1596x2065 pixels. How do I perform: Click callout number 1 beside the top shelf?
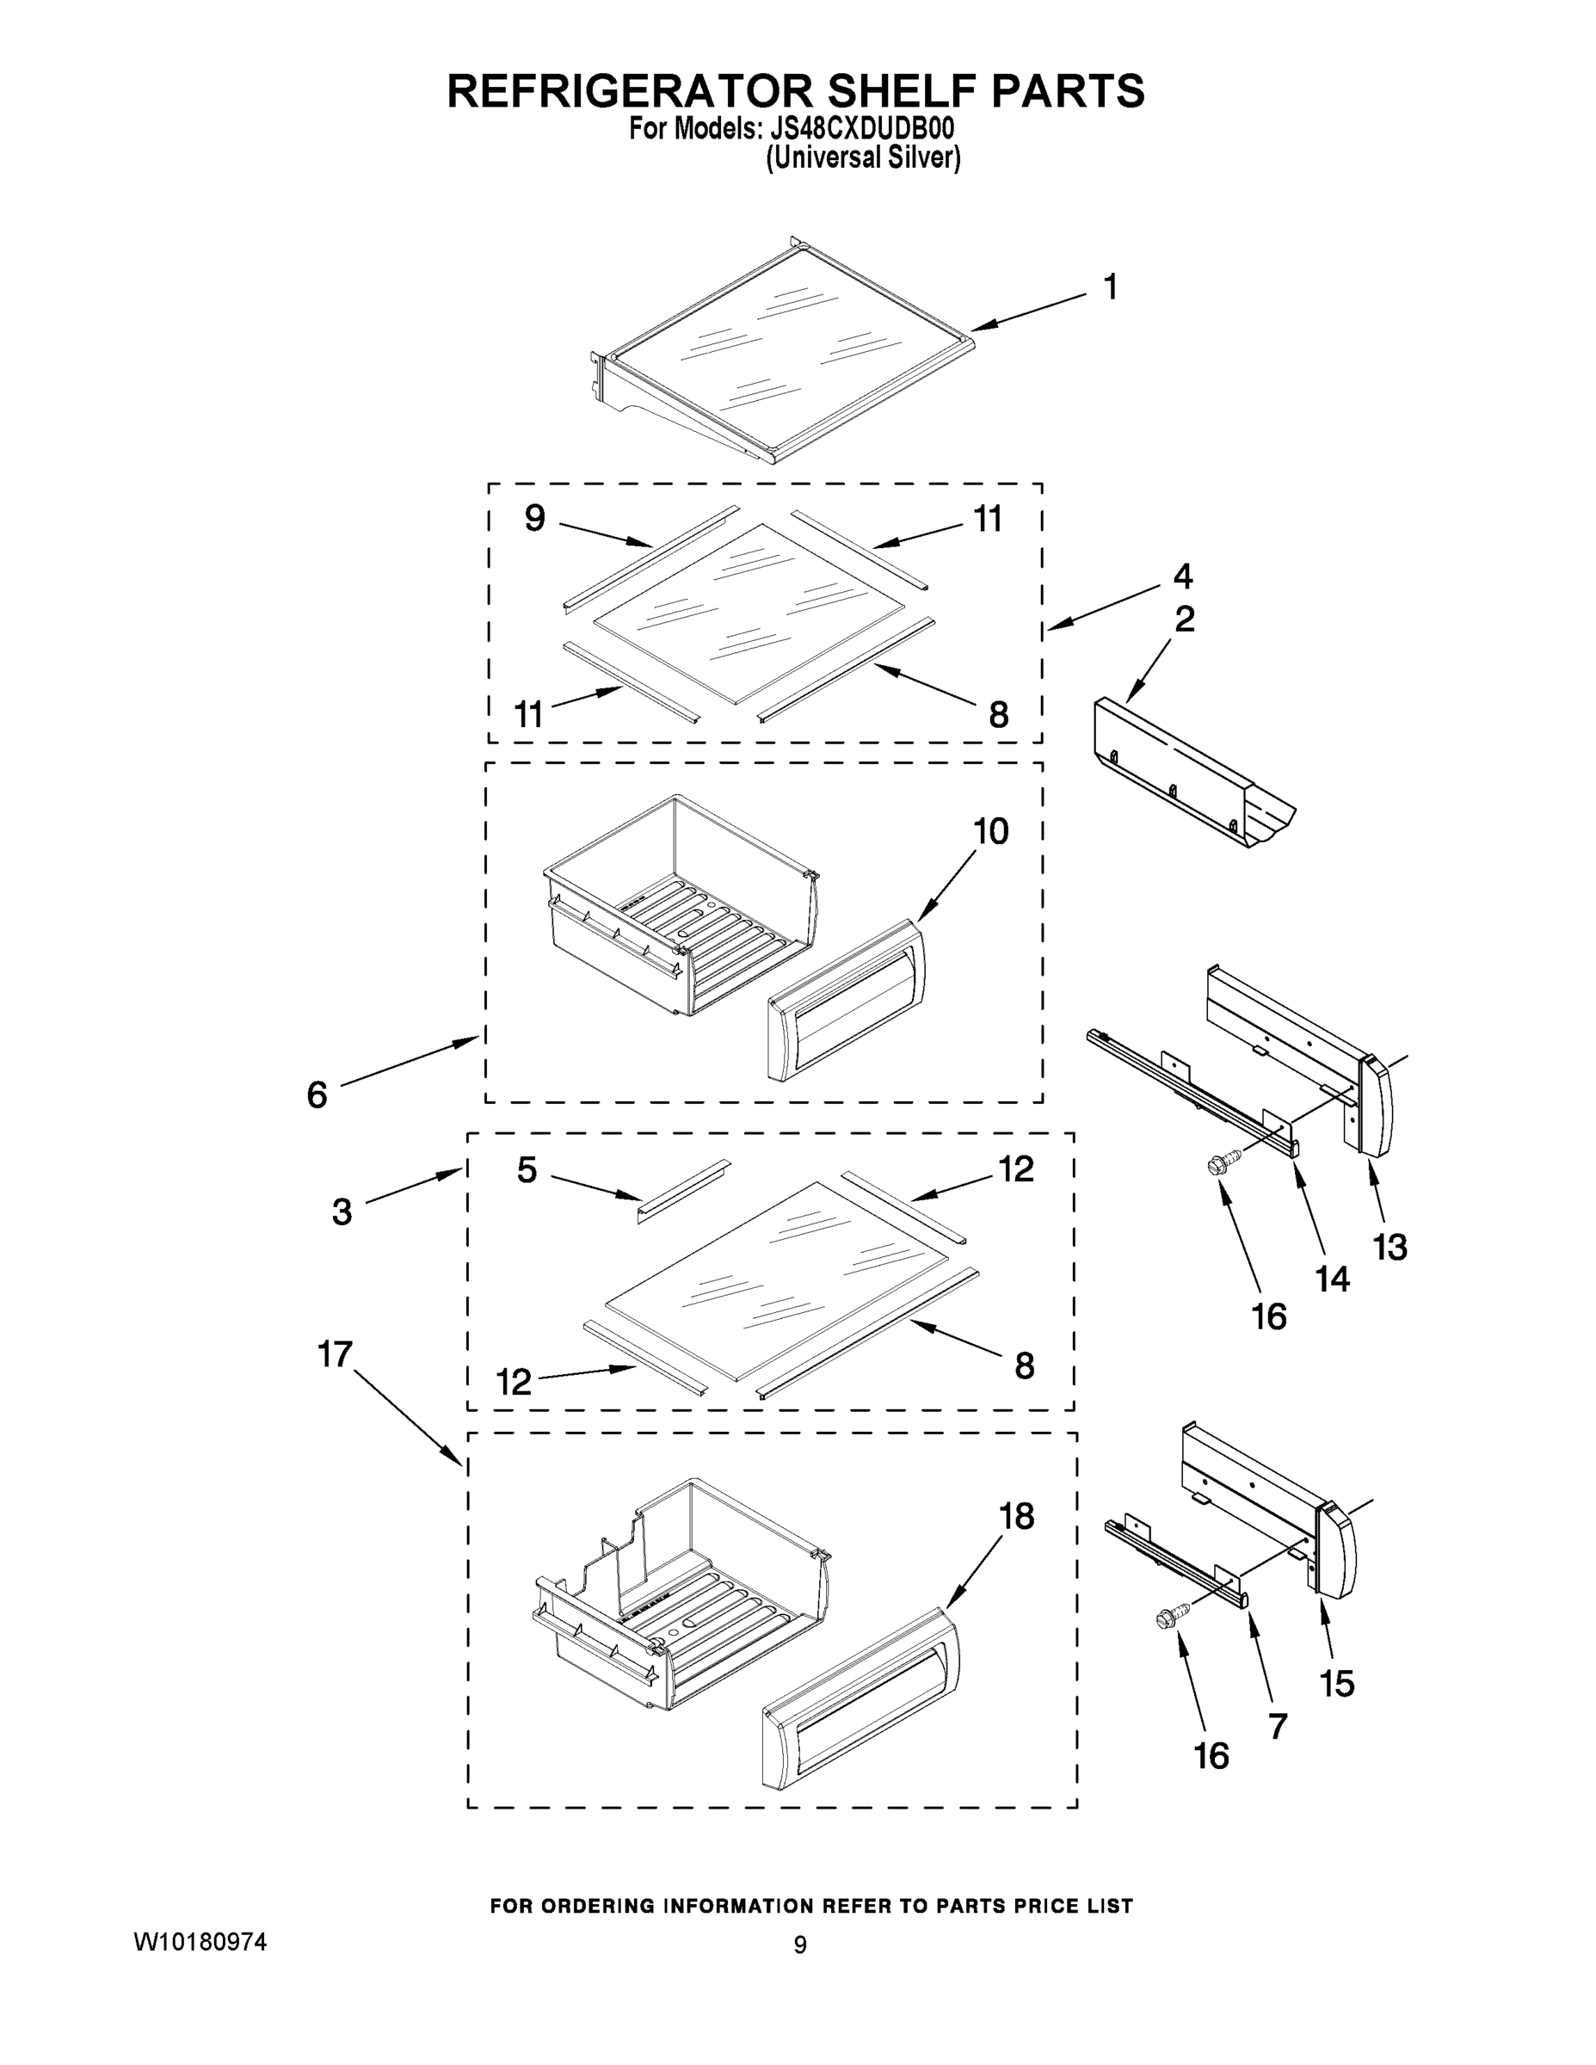(1110, 287)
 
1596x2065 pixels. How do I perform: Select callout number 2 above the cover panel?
(1184, 619)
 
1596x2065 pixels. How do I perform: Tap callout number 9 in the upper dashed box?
(534, 518)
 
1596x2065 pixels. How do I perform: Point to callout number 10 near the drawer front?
(991, 832)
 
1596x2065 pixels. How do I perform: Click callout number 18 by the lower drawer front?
(1016, 1516)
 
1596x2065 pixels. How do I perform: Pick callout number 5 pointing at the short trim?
(527, 1169)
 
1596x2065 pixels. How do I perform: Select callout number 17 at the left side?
(335, 1354)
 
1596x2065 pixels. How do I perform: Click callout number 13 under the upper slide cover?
(1390, 1247)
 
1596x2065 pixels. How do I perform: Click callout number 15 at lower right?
(1337, 1683)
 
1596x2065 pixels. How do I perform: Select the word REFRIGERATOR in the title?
(630, 90)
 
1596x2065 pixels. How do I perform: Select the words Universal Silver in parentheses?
(862, 159)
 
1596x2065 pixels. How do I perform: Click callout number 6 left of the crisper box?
(317, 1095)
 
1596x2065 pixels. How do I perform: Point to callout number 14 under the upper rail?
(1332, 1279)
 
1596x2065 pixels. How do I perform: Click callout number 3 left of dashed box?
(342, 1212)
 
